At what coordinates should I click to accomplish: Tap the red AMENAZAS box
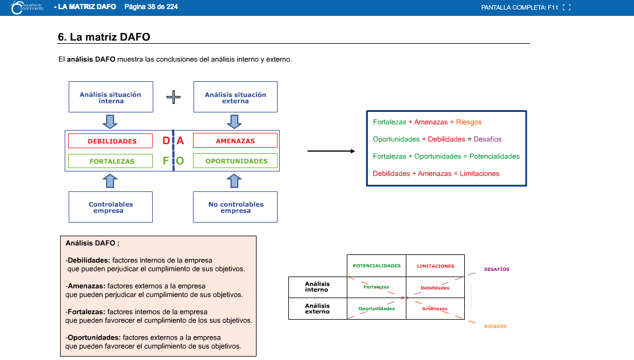pyautogui.click(x=236, y=140)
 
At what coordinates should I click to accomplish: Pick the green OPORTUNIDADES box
pyautogui.click(x=236, y=161)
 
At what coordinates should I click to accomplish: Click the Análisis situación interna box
pyautogui.click(x=111, y=97)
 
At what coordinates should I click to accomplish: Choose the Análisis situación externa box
pyautogui.click(x=236, y=97)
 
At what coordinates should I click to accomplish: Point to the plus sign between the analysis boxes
pyautogui.click(x=174, y=97)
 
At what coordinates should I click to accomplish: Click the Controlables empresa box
pyautogui.click(x=111, y=207)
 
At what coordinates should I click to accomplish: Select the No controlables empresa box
pyautogui.click(x=236, y=207)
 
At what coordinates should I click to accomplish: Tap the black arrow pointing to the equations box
pyautogui.click(x=331, y=151)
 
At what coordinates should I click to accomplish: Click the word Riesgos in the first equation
pyautogui.click(x=469, y=122)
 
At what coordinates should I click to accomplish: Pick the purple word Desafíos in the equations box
pyautogui.click(x=487, y=139)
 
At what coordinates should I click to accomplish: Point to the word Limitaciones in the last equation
pyautogui.click(x=479, y=174)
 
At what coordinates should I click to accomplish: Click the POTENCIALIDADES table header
pyautogui.click(x=377, y=266)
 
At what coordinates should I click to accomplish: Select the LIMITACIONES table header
pyautogui.click(x=435, y=266)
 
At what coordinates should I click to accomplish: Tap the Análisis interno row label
pyautogui.click(x=317, y=287)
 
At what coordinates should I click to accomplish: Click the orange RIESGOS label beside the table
pyautogui.click(x=496, y=326)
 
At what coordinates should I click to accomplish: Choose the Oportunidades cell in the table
pyautogui.click(x=376, y=309)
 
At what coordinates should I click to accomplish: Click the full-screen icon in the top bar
pyautogui.click(x=567, y=7)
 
